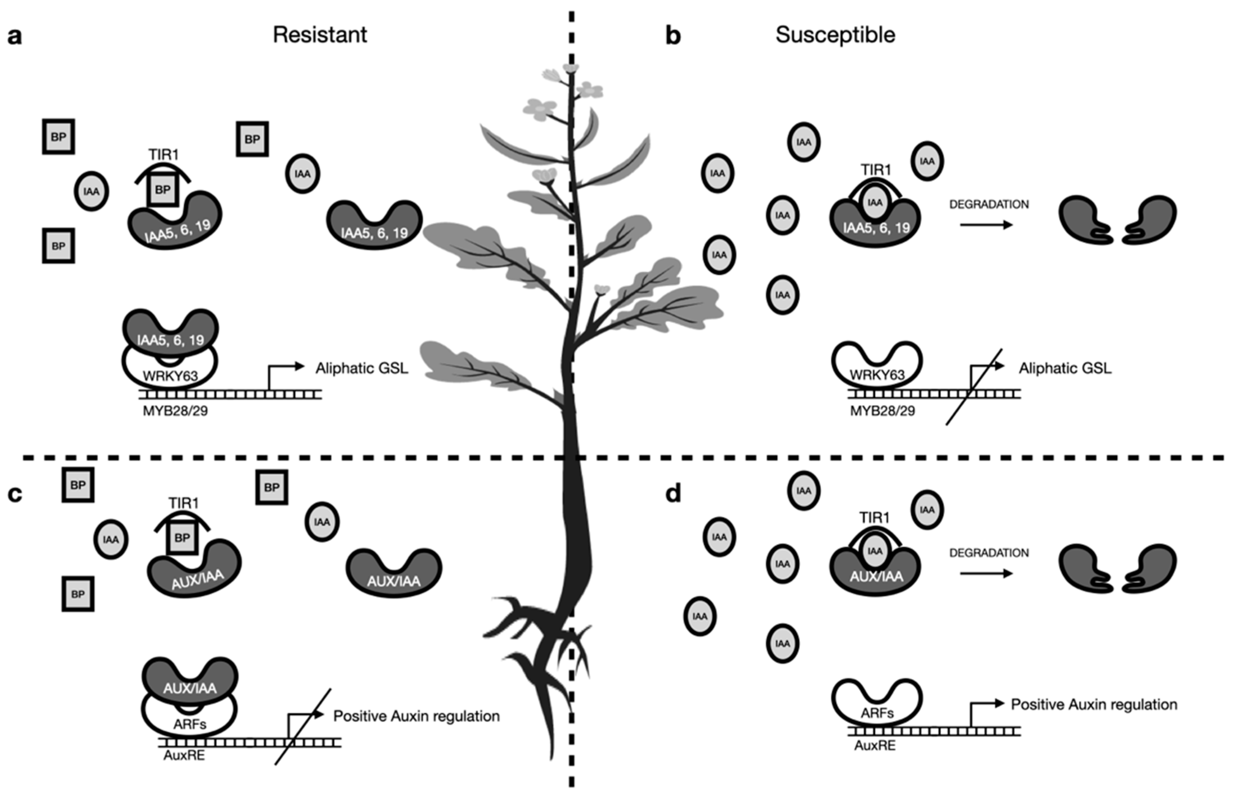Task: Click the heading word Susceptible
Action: (835, 35)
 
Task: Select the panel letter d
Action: (673, 494)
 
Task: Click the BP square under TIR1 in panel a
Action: (163, 189)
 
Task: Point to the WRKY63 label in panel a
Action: (170, 376)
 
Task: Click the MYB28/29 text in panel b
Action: (882, 411)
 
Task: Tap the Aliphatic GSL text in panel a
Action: (362, 368)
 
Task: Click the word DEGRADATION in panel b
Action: (989, 205)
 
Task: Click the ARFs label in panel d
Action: (877, 713)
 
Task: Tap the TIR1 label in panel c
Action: (184, 503)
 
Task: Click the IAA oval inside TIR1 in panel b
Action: (875, 202)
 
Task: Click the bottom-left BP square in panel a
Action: (58, 246)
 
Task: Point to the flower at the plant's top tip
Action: (571, 69)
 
